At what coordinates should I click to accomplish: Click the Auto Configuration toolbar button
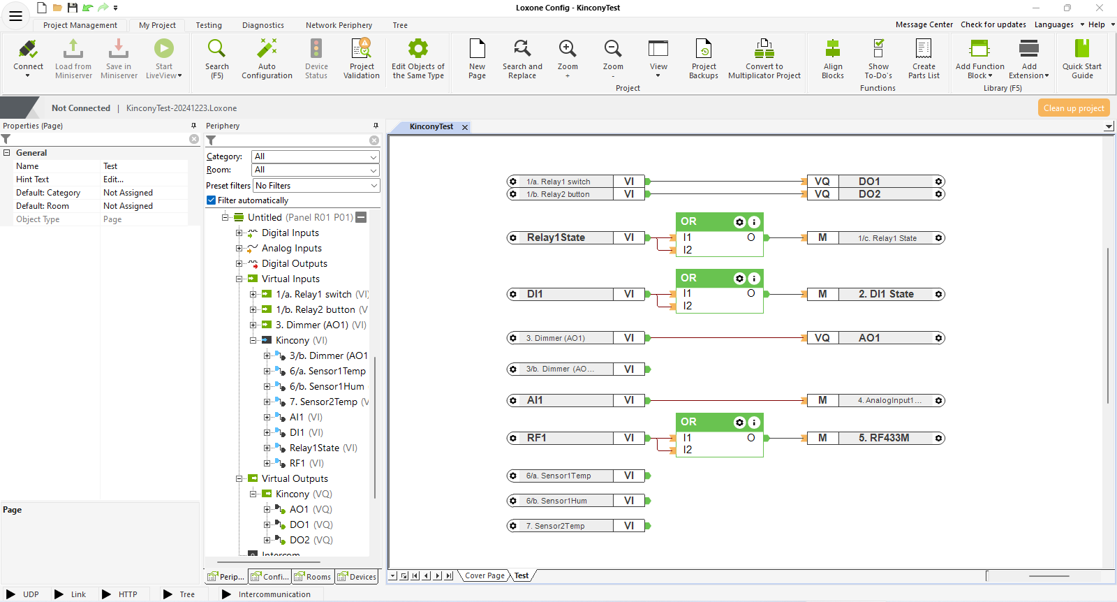[x=267, y=59]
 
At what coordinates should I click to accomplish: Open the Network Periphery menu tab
[x=339, y=25]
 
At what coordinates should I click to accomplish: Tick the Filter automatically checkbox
[x=212, y=200]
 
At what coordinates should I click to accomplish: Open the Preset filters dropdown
[x=317, y=186]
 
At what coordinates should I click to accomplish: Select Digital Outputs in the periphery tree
[x=294, y=263]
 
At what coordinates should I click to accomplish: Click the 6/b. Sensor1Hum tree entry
[x=327, y=386]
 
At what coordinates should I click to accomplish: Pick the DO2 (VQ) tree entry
[x=311, y=540]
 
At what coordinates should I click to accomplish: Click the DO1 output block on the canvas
[x=876, y=182]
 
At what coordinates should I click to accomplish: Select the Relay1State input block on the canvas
[x=576, y=238]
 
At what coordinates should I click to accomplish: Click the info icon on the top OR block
[x=754, y=222]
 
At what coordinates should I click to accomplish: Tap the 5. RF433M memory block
[x=876, y=438]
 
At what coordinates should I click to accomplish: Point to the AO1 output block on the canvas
[x=876, y=338]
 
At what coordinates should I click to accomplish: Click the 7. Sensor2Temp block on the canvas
[x=576, y=526]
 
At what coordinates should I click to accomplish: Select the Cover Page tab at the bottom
[x=484, y=575]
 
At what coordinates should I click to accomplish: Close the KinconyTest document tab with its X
[x=465, y=127]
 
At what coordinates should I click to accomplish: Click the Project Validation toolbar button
[x=362, y=59]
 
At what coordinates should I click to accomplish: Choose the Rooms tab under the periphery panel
[x=313, y=577]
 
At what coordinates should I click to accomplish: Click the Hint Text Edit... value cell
[x=144, y=179]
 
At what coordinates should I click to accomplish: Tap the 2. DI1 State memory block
[x=876, y=294]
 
